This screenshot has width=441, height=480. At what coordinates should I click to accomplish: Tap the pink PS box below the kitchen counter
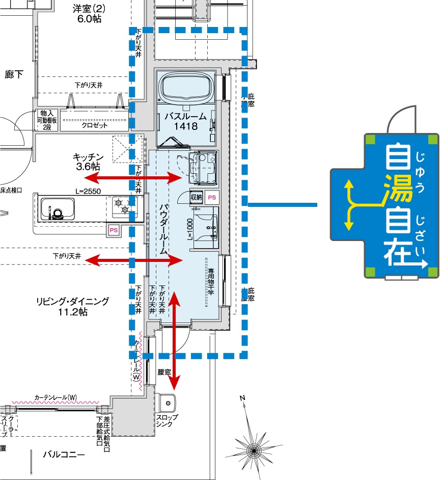[113, 230]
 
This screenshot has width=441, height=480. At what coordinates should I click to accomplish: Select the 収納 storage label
[197, 197]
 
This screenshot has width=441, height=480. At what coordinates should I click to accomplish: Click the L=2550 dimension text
[88, 192]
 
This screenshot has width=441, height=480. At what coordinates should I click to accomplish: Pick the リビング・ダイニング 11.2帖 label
[72, 306]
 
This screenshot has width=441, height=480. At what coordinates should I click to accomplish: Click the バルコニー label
[64, 454]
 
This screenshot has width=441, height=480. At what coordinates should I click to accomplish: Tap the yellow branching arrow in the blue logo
[354, 203]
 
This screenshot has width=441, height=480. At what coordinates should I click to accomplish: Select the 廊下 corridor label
[14, 75]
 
